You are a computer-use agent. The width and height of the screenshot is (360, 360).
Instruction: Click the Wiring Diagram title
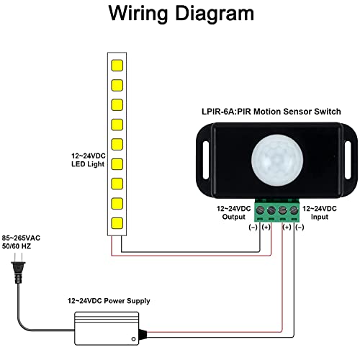point(181,15)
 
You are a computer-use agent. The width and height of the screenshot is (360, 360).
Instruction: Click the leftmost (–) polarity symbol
point(253,227)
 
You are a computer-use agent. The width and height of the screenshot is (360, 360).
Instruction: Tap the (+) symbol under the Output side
point(266,227)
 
